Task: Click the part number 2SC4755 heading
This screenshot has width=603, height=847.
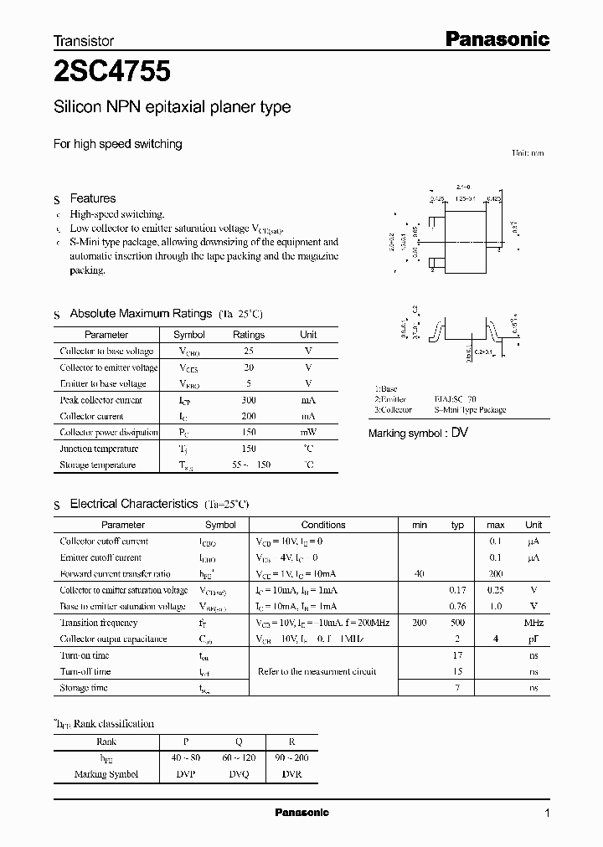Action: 112,72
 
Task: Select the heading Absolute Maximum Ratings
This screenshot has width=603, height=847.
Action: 140,314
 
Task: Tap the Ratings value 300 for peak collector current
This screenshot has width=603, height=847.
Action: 248,400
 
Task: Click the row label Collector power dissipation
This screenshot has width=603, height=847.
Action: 109,433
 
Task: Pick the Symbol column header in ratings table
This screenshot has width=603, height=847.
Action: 189,335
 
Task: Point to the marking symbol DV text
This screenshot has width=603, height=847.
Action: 460,433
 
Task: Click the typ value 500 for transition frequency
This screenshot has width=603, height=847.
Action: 457,623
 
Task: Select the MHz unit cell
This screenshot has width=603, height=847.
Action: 533,623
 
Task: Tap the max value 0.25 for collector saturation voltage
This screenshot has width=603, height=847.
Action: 495,590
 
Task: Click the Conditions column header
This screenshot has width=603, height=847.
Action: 322,525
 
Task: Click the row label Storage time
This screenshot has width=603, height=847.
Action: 84,688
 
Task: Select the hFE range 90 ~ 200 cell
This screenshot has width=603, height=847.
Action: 291,758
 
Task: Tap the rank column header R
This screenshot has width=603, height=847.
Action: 291,742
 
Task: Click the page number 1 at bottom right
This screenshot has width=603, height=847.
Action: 548,814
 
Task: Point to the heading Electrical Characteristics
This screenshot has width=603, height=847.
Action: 133,504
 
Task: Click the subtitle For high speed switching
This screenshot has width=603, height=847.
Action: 117,144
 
